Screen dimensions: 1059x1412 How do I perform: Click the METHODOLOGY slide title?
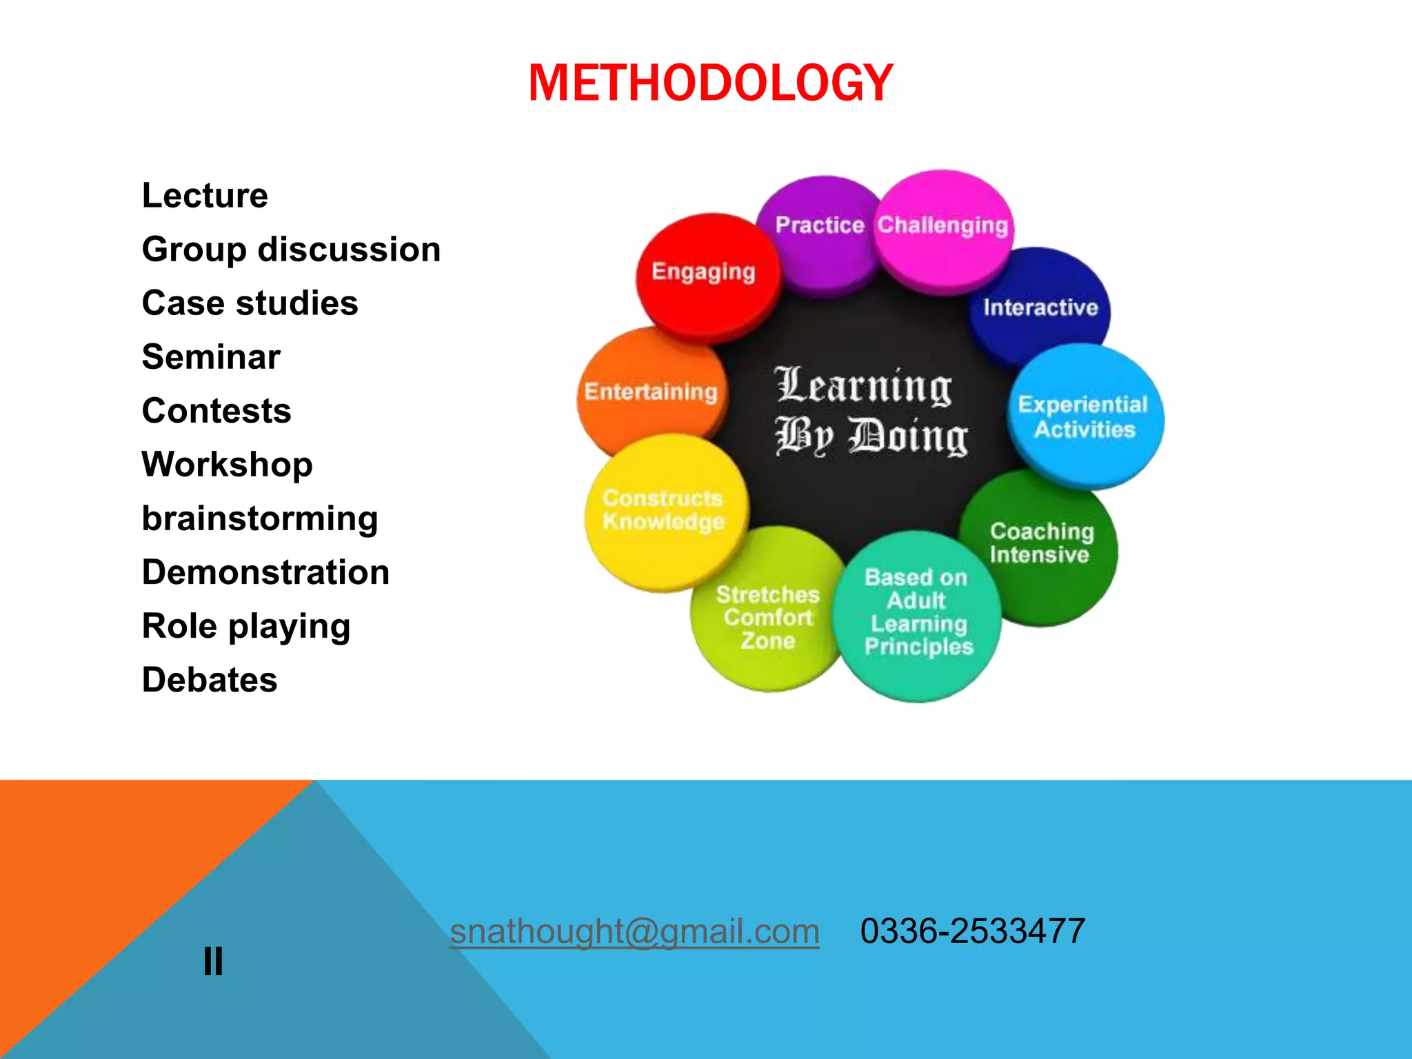tap(710, 83)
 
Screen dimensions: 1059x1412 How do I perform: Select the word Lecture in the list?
tap(205, 196)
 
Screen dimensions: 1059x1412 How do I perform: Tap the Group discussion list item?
tap(291, 250)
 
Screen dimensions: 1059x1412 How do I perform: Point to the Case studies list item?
tap(250, 303)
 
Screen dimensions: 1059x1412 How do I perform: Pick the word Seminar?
tap(211, 357)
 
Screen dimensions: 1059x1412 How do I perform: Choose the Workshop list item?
tap(227, 465)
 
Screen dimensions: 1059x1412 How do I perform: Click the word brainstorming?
tap(260, 519)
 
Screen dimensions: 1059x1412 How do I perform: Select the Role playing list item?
tap(246, 627)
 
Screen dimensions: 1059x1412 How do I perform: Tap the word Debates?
tap(210, 680)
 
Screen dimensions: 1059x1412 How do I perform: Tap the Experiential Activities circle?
tap(1084, 417)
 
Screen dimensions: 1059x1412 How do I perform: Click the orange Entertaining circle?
tap(651, 392)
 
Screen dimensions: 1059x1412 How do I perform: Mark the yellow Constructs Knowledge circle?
tap(663, 510)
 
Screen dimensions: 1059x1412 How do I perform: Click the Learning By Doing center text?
tap(870, 411)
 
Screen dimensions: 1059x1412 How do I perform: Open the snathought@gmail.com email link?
tap(634, 931)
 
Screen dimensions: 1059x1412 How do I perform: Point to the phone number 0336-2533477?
tap(973, 931)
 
